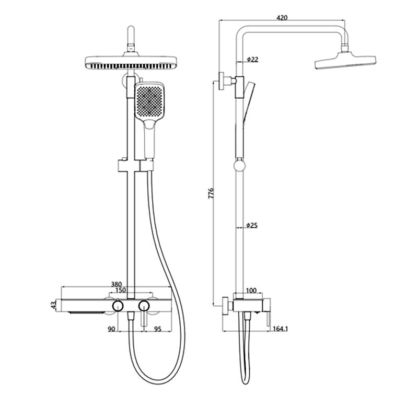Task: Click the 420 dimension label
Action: pyautogui.click(x=282, y=18)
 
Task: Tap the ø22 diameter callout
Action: pyautogui.click(x=252, y=60)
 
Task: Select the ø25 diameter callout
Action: pyautogui.click(x=252, y=226)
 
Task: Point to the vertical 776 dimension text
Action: pyautogui.click(x=211, y=193)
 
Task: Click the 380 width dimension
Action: pyautogui.click(x=116, y=284)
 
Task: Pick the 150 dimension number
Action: pyautogui.click(x=121, y=290)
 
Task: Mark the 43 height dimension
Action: pyautogui.click(x=54, y=305)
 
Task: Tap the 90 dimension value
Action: pyautogui.click(x=111, y=329)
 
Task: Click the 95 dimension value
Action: pyautogui.click(x=158, y=329)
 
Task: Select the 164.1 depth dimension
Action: pyautogui.click(x=280, y=329)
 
